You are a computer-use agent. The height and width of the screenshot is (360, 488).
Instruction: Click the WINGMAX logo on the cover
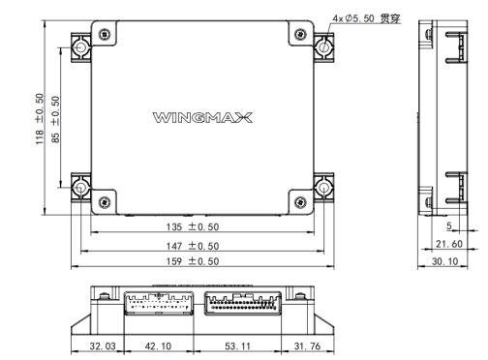(x=202, y=117)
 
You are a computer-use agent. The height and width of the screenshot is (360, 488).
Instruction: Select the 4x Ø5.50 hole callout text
(x=366, y=18)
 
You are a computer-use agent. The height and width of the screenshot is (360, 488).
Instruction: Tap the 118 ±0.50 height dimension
(x=40, y=119)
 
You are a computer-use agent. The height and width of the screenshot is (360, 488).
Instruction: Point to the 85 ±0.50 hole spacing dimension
(x=55, y=119)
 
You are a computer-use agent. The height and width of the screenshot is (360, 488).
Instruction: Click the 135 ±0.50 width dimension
(x=193, y=226)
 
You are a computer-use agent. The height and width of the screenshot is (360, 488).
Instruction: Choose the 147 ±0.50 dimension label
(x=193, y=246)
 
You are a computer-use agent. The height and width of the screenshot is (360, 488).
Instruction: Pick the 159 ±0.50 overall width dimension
(x=193, y=261)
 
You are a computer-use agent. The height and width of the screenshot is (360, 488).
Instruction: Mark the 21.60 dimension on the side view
(x=449, y=244)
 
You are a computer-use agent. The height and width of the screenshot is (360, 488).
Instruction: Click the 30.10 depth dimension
(x=444, y=261)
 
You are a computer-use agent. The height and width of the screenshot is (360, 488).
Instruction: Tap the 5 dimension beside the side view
(x=449, y=225)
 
